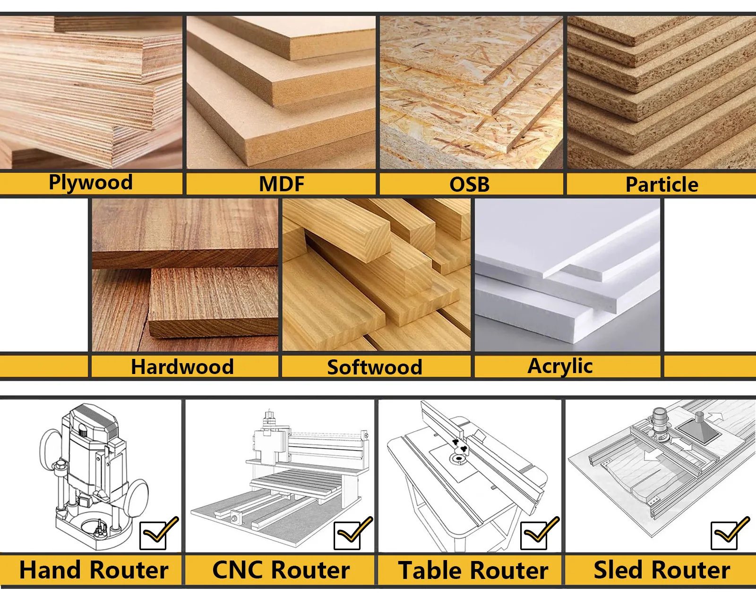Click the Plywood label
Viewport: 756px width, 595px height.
tap(91, 183)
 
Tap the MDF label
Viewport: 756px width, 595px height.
tap(282, 184)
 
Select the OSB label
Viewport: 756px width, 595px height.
tap(469, 184)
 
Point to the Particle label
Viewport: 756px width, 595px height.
tap(661, 184)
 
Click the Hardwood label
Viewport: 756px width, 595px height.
tap(182, 367)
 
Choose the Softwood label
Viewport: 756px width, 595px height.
tap(375, 367)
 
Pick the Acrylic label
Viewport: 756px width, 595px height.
tap(560, 366)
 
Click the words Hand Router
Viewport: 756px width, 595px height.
tap(94, 570)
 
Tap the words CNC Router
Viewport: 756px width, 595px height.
tap(281, 570)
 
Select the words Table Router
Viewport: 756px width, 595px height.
tap(473, 570)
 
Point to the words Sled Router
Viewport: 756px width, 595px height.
tap(661, 570)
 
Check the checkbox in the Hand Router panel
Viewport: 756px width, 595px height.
tap(154, 536)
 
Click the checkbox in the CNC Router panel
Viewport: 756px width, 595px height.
tap(347, 536)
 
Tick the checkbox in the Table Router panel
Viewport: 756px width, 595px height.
tap(534, 536)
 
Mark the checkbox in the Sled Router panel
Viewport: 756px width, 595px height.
tap(724, 536)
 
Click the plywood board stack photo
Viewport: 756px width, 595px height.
tap(91, 92)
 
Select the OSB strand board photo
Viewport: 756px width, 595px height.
tap(471, 92)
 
